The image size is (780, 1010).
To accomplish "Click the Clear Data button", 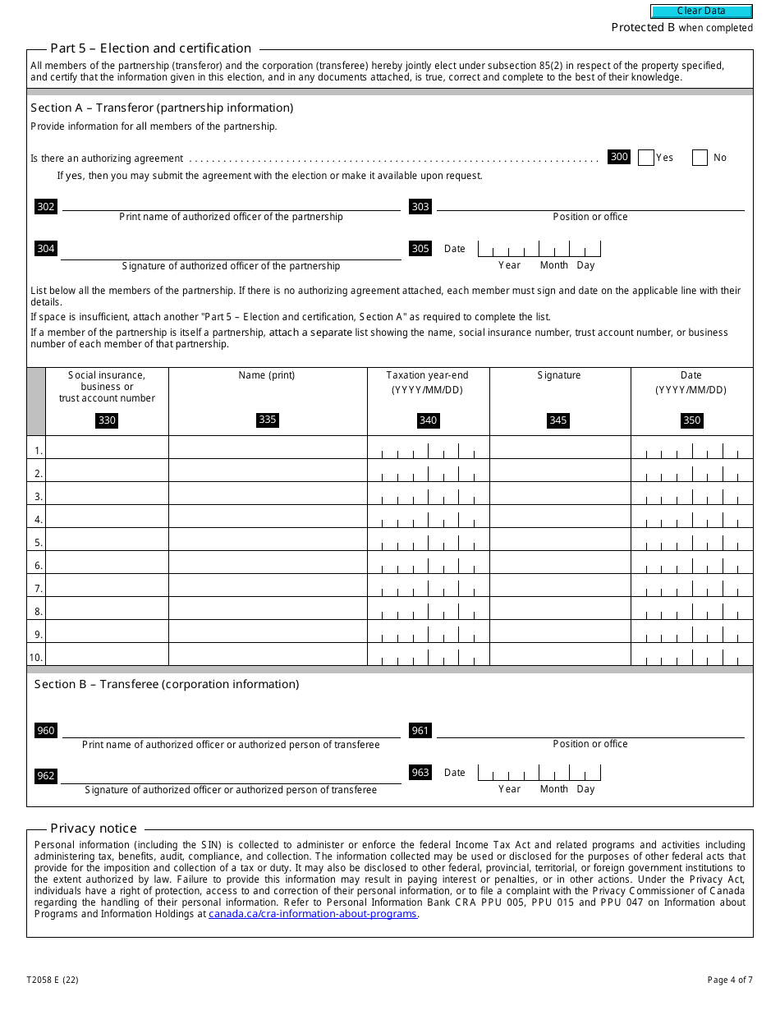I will pyautogui.click(x=701, y=11).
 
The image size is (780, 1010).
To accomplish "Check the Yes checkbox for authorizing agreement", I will pyautogui.click(x=645, y=158).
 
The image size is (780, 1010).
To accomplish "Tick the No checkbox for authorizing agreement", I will pyautogui.click(x=700, y=158).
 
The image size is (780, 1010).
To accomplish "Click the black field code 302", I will pyautogui.click(x=46, y=207).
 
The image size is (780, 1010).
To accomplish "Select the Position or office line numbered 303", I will pyautogui.click(x=590, y=204).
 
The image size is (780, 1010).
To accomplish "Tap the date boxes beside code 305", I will pyautogui.click(x=539, y=249).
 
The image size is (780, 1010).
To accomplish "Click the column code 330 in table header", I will pyautogui.click(x=107, y=420).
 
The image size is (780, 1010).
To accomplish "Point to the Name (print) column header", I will pyautogui.click(x=267, y=375).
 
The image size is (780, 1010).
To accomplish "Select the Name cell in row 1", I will pyautogui.click(x=268, y=448).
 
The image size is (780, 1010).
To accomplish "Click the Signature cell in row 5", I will pyautogui.click(x=560, y=539).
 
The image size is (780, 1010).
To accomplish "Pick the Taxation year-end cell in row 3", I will pyautogui.click(x=428, y=494).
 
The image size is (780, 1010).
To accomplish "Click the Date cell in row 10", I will pyautogui.click(x=691, y=654).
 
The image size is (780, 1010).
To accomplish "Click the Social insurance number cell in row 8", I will pyautogui.click(x=107, y=608).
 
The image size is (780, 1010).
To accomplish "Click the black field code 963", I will pyautogui.click(x=420, y=773).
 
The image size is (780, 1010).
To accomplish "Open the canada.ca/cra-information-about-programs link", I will pyautogui.click(x=313, y=914).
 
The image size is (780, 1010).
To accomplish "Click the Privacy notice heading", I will pyautogui.click(x=94, y=829).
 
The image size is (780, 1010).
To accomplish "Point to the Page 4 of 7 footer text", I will pyautogui.click(x=729, y=980).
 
